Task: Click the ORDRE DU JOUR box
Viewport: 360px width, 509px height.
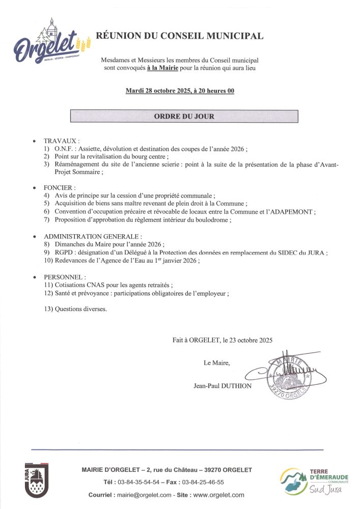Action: [x=184, y=116]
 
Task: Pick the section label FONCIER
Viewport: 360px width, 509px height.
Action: [x=59, y=188]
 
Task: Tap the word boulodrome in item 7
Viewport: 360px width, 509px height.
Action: [x=214, y=220]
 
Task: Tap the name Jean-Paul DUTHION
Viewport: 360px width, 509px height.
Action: [x=223, y=386]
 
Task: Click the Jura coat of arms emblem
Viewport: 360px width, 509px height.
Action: [x=37, y=479]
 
